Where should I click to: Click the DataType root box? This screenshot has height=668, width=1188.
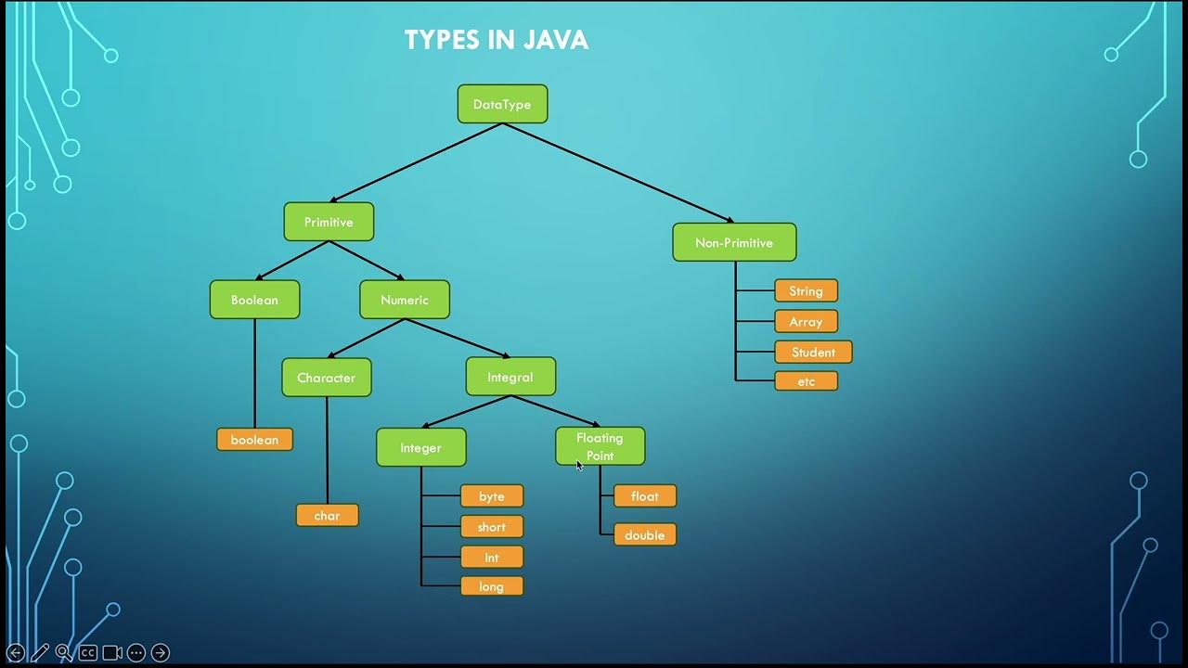502,104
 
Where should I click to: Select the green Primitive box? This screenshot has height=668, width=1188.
329,222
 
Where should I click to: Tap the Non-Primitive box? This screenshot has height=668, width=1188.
734,242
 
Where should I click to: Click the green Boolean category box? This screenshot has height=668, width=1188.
254,300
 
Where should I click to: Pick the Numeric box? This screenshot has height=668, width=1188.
405,300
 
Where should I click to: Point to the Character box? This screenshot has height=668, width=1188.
327,378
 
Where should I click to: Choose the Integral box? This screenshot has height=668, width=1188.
510,377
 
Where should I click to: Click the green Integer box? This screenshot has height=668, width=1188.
420,447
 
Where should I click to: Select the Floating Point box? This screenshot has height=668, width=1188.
600,446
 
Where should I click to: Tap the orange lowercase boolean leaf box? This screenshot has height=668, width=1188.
254,440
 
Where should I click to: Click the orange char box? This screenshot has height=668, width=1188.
327,515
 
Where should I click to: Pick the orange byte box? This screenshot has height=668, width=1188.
492,496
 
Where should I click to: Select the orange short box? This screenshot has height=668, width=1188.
492,527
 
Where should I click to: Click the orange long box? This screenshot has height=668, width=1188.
492,586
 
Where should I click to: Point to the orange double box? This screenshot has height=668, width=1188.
644,535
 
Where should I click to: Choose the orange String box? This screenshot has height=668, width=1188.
806,291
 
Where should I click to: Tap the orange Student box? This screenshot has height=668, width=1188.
813,353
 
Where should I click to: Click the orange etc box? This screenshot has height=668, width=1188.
806,381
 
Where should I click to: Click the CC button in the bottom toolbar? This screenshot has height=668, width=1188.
87,652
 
